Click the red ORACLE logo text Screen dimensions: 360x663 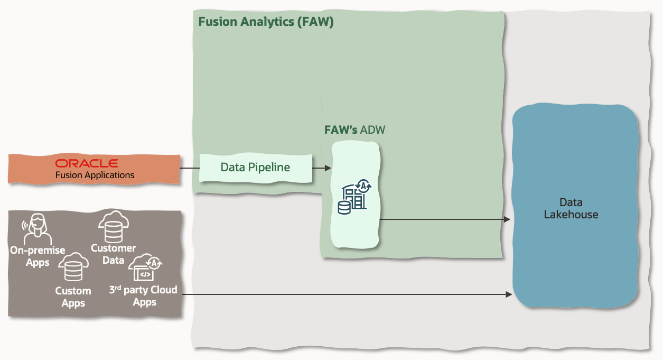(87, 163)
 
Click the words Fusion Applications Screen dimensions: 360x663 (95, 175)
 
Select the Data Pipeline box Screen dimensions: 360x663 (255, 168)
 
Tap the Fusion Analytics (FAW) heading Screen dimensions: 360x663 (266, 22)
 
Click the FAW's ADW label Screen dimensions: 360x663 (354, 130)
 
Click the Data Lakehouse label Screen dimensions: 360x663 (571, 208)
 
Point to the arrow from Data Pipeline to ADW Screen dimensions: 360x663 (321, 168)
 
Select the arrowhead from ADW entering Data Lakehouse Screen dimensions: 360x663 (507, 219)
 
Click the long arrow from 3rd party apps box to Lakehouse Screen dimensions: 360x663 (343, 294)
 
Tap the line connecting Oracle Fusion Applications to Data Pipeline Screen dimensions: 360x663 (190, 168)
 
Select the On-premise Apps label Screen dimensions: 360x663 (38, 256)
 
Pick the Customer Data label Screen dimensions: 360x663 (113, 254)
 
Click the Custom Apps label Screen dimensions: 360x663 (73, 297)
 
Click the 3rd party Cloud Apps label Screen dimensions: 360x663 (143, 296)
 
